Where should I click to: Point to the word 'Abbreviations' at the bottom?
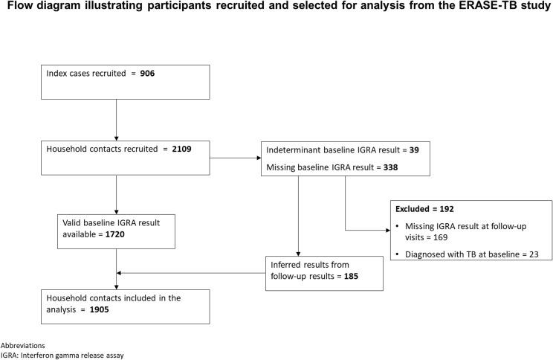[22, 346]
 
